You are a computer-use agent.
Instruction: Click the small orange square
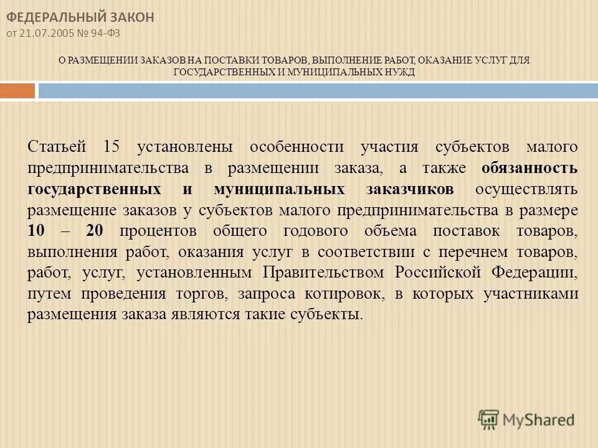click(x=17, y=91)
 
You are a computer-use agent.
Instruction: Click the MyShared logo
click(x=527, y=418)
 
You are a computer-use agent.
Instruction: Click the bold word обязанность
click(x=529, y=168)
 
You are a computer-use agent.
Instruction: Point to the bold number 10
click(x=37, y=231)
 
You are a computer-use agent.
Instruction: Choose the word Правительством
click(x=323, y=273)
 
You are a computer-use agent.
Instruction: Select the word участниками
click(x=531, y=294)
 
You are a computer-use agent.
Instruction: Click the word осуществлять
click(x=526, y=189)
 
